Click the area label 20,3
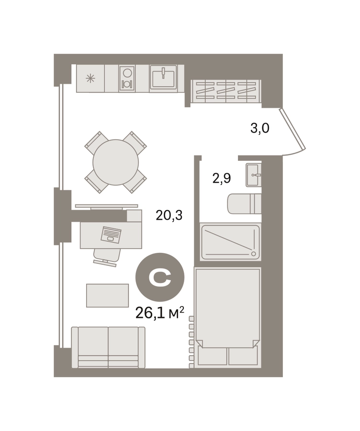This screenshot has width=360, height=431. pos(169,215)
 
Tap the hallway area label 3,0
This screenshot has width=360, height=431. pos(259,128)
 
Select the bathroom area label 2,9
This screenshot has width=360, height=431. pos(222,179)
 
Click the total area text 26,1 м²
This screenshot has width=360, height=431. pos(160,313)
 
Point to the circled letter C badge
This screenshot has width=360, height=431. pos(160,277)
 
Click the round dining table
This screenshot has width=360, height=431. pos(116,162)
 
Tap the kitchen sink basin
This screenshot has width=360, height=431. pos(163,77)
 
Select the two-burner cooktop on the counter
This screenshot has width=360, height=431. pos(127,78)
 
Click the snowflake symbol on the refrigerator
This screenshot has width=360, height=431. pos(90,79)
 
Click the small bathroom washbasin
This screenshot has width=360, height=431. pos(253,175)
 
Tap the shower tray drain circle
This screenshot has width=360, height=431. pos(253,253)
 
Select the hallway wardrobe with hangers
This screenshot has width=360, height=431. pos(226,91)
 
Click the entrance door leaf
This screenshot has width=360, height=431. pos(292,129)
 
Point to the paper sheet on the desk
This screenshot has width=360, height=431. pos(111,235)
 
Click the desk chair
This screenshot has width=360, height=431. pos(106,257)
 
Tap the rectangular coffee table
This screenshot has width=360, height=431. pos(107,295)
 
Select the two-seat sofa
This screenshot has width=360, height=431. pos(108,347)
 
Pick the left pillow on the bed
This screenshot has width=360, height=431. pos(212,356)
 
